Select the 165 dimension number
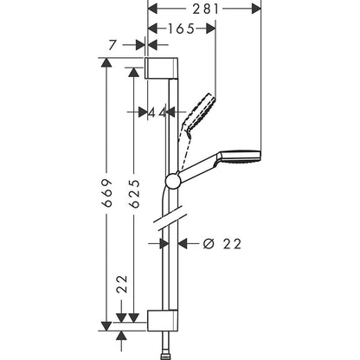click(x=180, y=28)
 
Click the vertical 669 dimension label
click(x=106, y=194)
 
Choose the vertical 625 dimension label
click(x=133, y=194)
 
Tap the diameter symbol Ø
click(x=208, y=243)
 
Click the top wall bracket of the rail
click(x=162, y=68)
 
